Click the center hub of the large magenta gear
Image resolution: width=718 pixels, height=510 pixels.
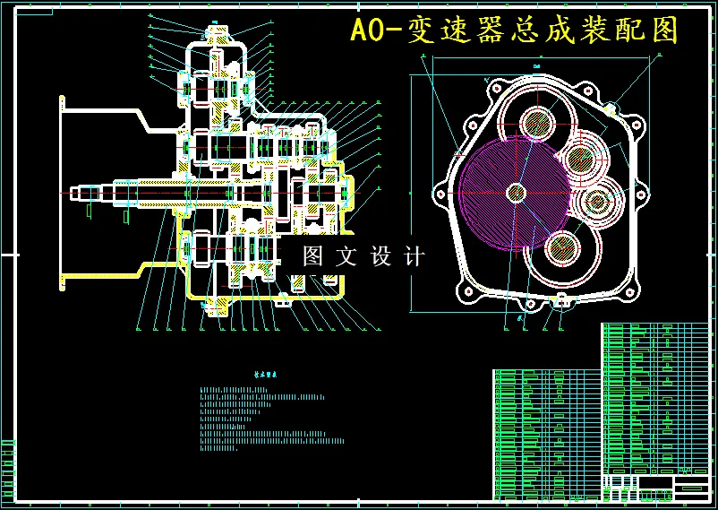pyautogui.click(x=516, y=192)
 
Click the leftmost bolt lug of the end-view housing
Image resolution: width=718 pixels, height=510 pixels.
pyautogui.click(x=440, y=191)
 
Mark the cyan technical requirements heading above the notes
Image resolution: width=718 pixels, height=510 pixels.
pyautogui.click(x=266, y=377)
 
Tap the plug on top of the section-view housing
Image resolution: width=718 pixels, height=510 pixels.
pyautogui.click(x=218, y=32)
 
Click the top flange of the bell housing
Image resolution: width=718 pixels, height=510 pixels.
pyautogui.click(x=63, y=102)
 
